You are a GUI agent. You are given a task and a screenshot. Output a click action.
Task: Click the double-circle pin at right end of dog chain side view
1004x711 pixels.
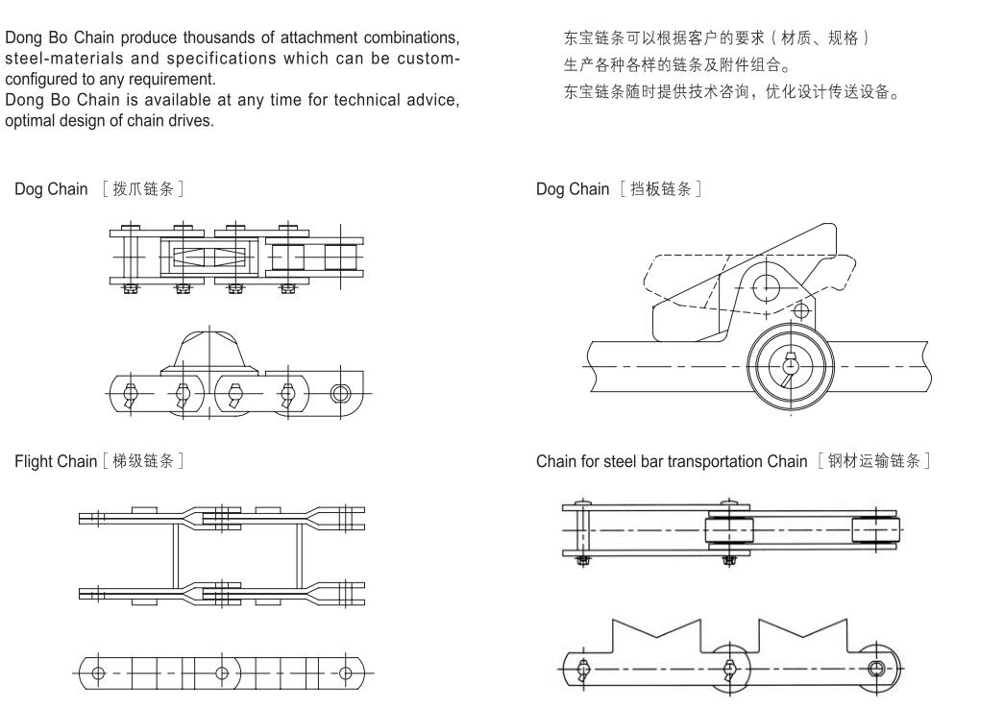pos(340,392)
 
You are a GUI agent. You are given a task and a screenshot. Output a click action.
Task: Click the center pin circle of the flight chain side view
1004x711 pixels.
pos(223,670)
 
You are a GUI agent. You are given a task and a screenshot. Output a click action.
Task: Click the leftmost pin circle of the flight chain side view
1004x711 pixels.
pos(98,670)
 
